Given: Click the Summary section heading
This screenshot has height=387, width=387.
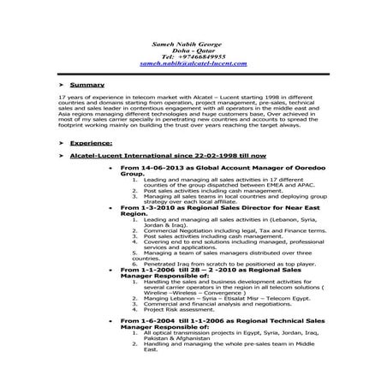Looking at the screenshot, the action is click(x=87, y=86).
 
